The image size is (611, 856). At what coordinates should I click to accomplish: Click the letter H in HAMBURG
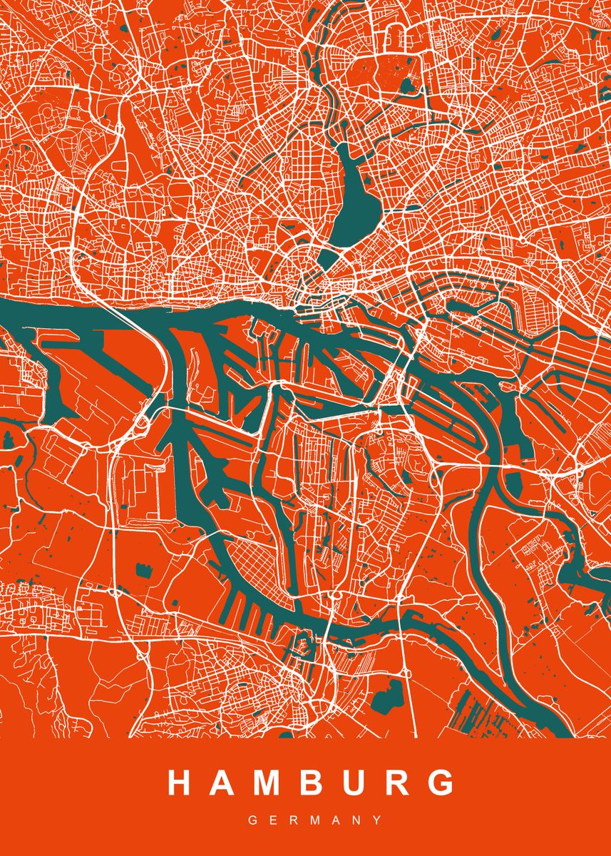[x=179, y=783]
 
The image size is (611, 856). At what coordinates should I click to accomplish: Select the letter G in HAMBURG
[x=442, y=783]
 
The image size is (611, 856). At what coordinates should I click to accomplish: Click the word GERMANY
[x=305, y=821]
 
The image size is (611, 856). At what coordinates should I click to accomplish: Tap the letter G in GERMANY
[x=252, y=821]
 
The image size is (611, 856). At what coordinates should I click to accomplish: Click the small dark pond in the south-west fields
[x=140, y=571]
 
